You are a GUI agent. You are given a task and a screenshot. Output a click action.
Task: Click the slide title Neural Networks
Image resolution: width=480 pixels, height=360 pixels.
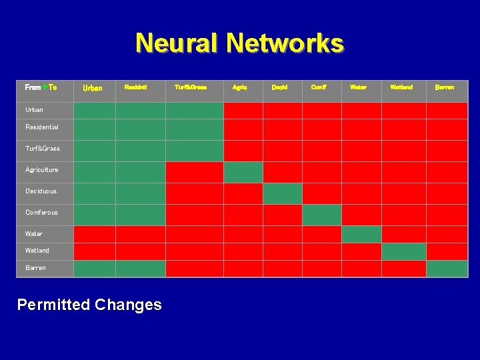(x=239, y=43)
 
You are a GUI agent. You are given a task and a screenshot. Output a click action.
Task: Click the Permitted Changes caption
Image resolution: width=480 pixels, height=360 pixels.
(x=89, y=305)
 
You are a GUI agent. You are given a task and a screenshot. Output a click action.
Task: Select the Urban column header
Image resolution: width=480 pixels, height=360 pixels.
(x=92, y=88)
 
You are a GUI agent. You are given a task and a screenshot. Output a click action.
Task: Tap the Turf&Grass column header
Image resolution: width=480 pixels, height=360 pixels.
(x=191, y=87)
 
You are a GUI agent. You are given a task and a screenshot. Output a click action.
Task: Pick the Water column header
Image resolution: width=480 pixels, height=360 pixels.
(x=358, y=87)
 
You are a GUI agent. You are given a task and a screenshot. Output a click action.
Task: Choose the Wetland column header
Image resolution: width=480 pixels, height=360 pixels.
(x=401, y=87)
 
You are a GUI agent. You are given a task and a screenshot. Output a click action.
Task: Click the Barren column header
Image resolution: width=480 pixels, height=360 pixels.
(x=444, y=87)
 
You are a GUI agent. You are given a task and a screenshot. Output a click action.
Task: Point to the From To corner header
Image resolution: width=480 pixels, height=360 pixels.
(x=41, y=87)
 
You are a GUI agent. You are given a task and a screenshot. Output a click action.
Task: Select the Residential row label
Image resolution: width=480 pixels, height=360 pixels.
(x=42, y=127)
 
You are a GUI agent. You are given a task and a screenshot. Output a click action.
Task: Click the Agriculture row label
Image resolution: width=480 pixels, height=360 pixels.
(x=42, y=169)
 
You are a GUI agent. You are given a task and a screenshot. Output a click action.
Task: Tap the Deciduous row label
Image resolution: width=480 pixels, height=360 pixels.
(x=41, y=191)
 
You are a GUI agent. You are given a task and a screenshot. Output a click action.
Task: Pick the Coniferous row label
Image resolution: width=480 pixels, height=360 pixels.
(x=42, y=212)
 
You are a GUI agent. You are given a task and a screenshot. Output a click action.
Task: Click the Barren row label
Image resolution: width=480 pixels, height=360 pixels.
(x=36, y=267)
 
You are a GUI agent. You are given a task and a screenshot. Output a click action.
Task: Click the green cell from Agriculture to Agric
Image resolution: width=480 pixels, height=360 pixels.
(x=243, y=172)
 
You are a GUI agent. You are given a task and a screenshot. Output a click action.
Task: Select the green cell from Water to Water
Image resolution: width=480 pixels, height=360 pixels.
(x=361, y=234)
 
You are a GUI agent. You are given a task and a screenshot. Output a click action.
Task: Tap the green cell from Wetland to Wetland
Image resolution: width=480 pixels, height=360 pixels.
(x=403, y=251)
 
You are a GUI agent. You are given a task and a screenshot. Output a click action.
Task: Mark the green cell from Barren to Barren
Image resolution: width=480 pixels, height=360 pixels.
(x=447, y=268)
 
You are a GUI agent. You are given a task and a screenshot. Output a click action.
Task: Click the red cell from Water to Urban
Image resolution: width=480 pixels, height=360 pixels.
(x=94, y=234)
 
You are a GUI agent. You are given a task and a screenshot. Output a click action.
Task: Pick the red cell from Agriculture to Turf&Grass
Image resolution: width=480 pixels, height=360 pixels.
(x=194, y=172)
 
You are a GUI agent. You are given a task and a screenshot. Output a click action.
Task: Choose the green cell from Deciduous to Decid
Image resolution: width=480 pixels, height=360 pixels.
(x=282, y=193)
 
